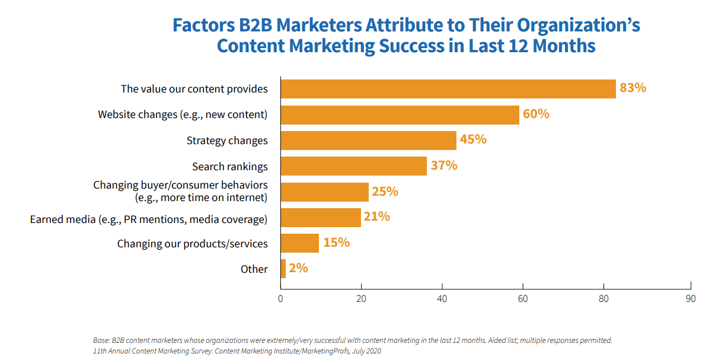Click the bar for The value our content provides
448,88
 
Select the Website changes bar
400,114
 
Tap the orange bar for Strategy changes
368,141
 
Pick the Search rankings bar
353,166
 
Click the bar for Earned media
320,217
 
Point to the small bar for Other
283,269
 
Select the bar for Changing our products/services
299,243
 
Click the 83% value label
633,88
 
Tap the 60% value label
536,114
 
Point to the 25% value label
385,192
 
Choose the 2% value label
299,268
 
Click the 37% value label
443,165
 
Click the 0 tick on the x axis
280,299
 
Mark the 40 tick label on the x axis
442,299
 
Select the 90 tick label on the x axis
690,299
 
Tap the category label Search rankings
229,167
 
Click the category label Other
254,269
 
